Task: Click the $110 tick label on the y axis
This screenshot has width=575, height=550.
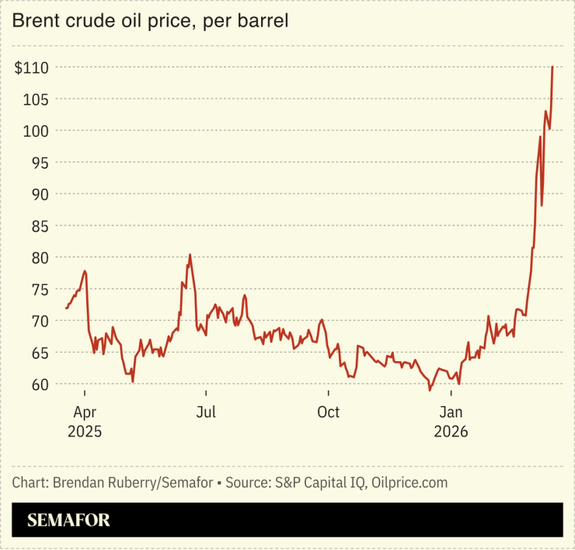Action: pyautogui.click(x=32, y=68)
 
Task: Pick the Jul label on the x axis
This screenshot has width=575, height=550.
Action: pyautogui.click(x=206, y=412)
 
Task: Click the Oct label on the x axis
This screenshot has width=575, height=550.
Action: pyautogui.click(x=329, y=412)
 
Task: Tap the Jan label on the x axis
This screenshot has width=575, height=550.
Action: pyautogui.click(x=452, y=412)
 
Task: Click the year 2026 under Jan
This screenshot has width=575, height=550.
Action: pyautogui.click(x=452, y=431)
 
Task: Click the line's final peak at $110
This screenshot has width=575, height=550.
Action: pyautogui.click(x=552, y=68)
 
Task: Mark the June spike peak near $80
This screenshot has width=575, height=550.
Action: pyautogui.click(x=190, y=255)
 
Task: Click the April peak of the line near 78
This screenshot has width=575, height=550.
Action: pyautogui.click(x=85, y=271)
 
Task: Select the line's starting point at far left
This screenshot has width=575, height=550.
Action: pyautogui.click(x=67, y=308)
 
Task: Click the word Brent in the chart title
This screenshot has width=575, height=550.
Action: pyautogui.click(x=33, y=23)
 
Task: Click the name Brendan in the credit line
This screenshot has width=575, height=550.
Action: pyautogui.click(x=81, y=482)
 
